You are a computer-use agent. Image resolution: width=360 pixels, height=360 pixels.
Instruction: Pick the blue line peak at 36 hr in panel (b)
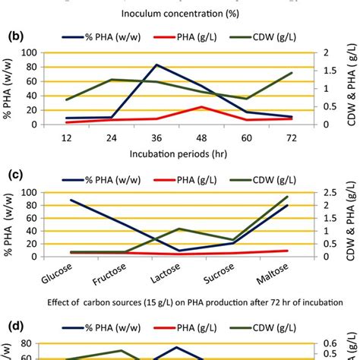[x=157, y=65]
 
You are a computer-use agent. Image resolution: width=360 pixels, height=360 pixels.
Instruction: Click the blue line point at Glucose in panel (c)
[x=71, y=200]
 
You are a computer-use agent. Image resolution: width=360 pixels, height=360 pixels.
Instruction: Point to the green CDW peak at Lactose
[x=179, y=229]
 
